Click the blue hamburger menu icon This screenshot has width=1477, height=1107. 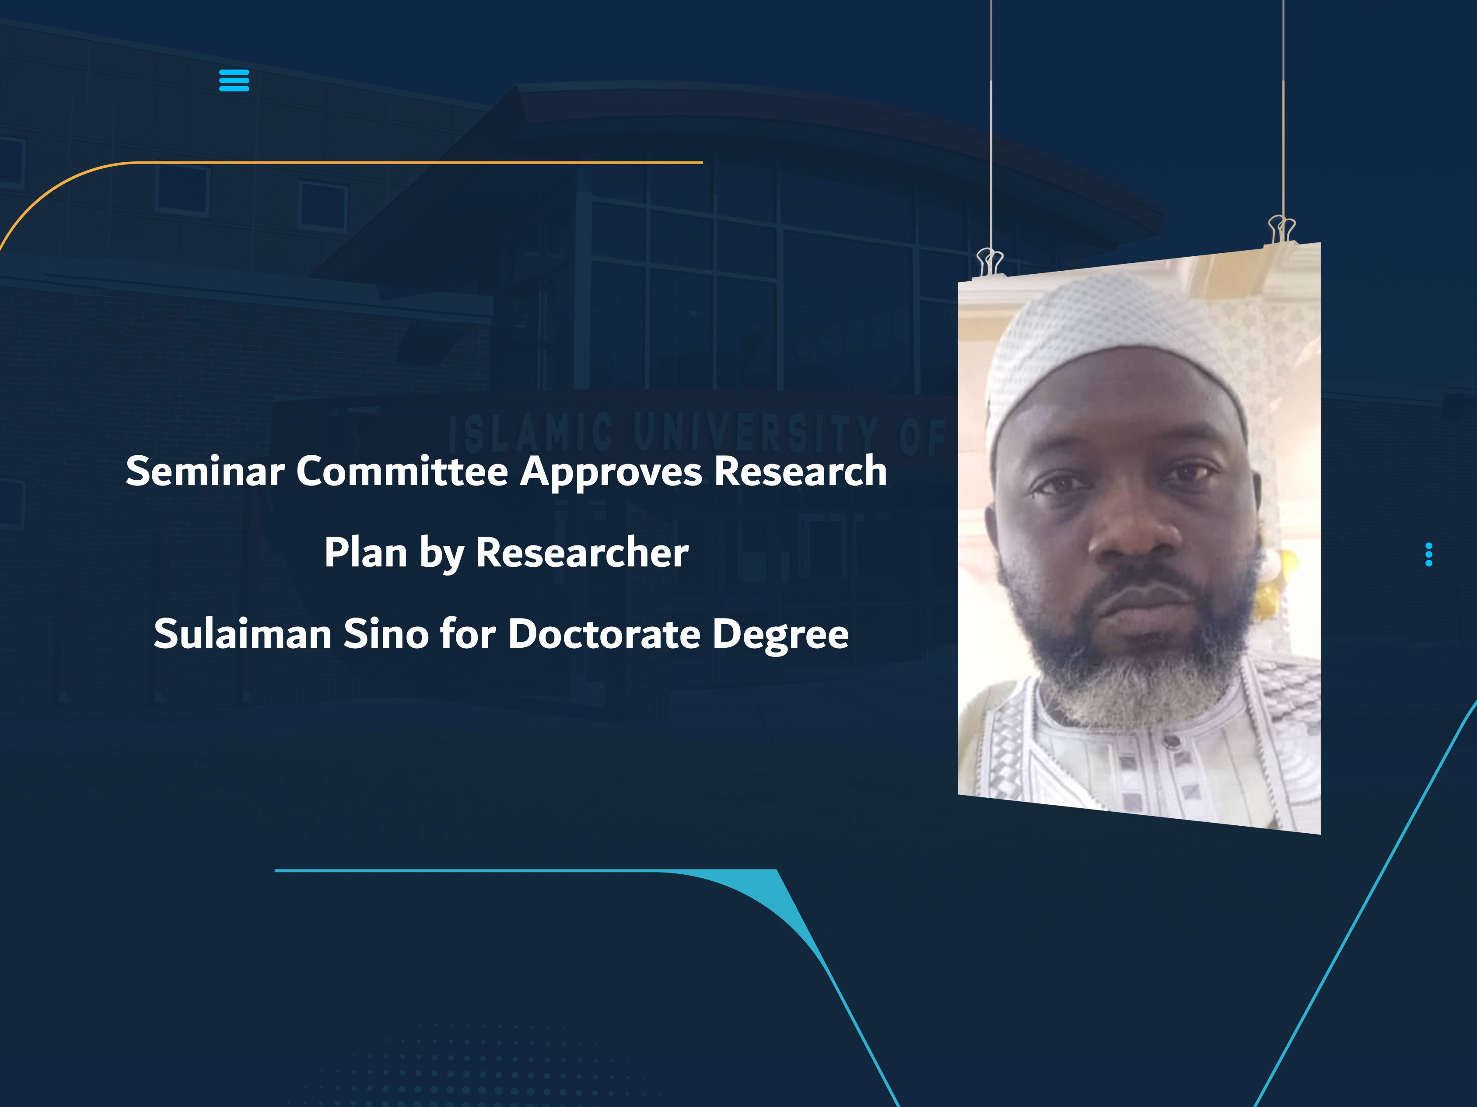[x=234, y=80]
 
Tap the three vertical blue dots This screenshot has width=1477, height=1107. [x=1428, y=554]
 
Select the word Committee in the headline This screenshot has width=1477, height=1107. [x=402, y=471]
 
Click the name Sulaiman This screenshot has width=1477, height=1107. [x=242, y=634]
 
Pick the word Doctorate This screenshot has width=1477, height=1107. [x=604, y=634]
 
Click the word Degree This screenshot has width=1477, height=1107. [x=780, y=634]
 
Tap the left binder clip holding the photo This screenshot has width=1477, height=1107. [x=990, y=262]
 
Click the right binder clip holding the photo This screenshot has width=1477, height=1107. [x=1281, y=230]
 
